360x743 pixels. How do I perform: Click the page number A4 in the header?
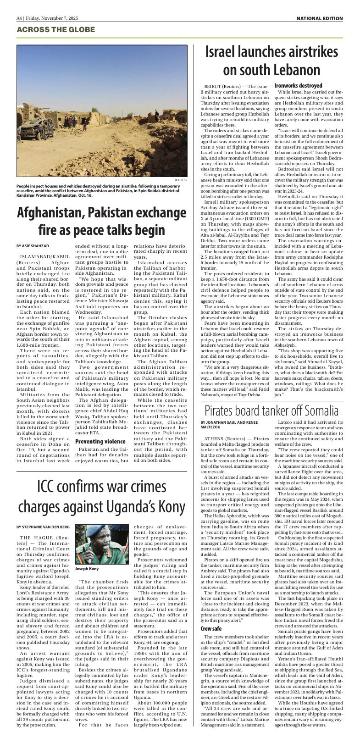point(19,18)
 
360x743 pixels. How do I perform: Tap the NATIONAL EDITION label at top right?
point(320,18)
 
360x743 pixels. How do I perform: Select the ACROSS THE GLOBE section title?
point(55,29)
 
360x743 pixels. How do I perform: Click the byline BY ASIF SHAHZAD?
point(33,246)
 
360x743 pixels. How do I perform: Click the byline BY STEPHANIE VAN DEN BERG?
point(44,526)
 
